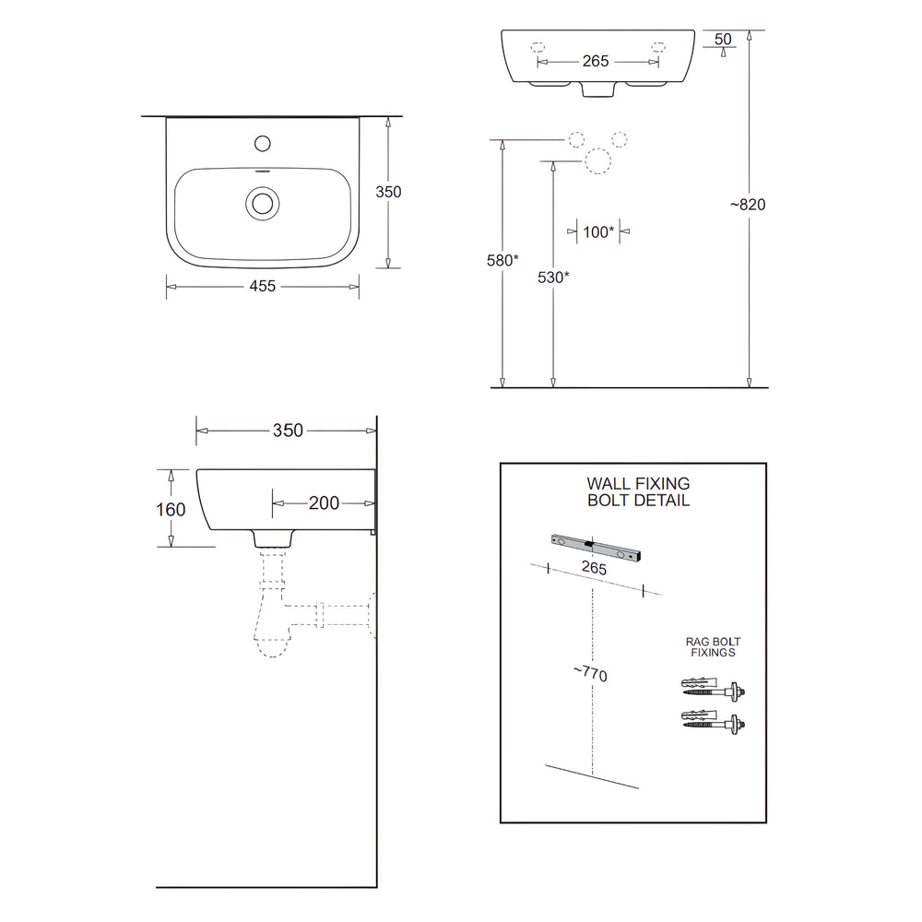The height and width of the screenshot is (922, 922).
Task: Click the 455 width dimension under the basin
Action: click(263, 287)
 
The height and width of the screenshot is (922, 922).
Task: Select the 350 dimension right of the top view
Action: click(389, 192)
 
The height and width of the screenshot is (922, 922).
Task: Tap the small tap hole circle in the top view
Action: click(263, 143)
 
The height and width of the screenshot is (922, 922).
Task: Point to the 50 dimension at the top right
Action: click(723, 39)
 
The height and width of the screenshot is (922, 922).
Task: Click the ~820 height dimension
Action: click(748, 205)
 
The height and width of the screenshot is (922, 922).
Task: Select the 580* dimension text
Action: click(503, 261)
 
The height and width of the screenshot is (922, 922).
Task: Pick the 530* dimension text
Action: click(553, 277)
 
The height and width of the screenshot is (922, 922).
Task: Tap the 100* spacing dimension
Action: click(598, 232)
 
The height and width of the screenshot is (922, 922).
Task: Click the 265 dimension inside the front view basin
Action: click(597, 62)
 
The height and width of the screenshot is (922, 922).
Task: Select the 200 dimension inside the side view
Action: click(324, 503)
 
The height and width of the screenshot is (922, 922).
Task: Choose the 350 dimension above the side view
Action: click(288, 431)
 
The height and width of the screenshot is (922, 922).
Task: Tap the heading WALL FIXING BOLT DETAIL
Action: click(638, 491)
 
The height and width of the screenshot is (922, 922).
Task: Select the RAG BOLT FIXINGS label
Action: click(713, 646)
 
